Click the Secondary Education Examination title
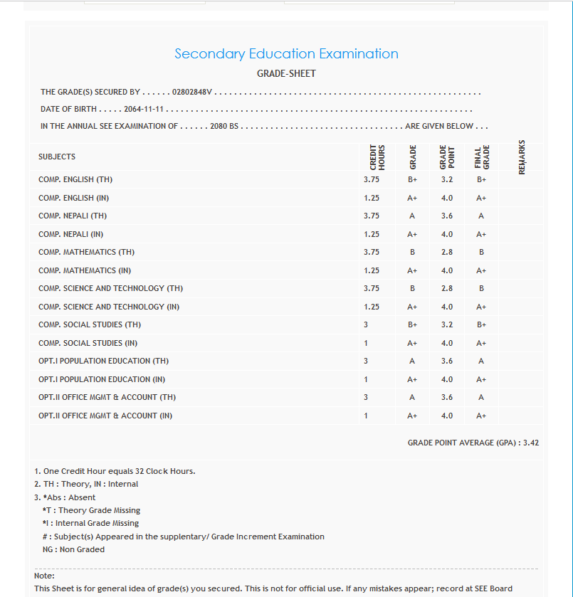coord(286,54)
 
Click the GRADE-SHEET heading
coord(286,73)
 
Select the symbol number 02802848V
coord(192,92)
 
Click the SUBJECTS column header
coord(57,157)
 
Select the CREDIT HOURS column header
coord(377,157)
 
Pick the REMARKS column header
coord(522,157)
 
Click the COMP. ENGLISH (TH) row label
coord(75,179)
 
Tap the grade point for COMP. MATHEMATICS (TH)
coord(447,252)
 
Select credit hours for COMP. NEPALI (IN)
coord(372,234)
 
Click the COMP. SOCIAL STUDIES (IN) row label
coord(88,343)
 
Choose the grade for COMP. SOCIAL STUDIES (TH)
coord(412,324)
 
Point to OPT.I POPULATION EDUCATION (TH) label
coord(104,361)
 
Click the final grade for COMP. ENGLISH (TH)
coord(481,179)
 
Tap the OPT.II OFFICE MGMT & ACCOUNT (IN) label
coord(105,416)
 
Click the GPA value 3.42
coord(531,443)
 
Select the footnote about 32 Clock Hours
coord(115,471)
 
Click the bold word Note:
coord(44,576)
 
